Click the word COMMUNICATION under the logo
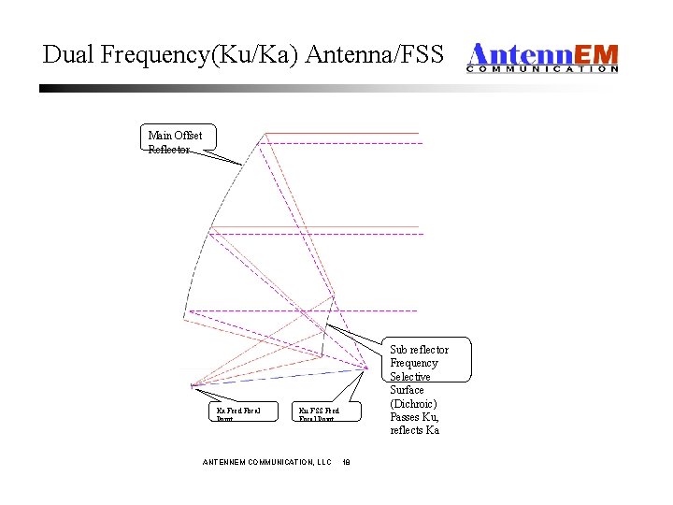coord(542,68)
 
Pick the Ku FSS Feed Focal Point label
coord(318,413)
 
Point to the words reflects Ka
coord(414,430)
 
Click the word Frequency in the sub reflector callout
coord(414,363)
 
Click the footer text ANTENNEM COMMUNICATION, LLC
coord(267,462)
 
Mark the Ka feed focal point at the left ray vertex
coord(191,384)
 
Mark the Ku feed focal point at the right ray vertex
coord(365,368)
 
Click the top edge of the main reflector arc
coord(265,134)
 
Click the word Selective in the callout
coord(410,376)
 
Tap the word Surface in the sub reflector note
coord(407,390)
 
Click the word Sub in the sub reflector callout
coord(399,350)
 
